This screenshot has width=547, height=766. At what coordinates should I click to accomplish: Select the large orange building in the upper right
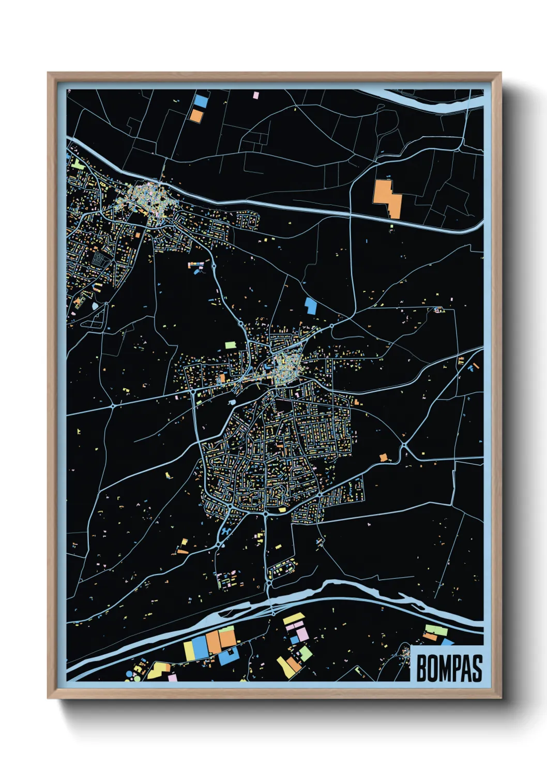[x=387, y=198]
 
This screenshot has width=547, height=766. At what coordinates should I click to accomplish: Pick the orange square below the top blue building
[x=196, y=115]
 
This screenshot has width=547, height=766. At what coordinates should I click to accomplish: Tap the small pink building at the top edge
[x=256, y=95]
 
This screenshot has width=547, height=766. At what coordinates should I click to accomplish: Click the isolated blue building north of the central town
[x=310, y=305]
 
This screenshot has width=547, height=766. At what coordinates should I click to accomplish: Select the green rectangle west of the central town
[x=230, y=345]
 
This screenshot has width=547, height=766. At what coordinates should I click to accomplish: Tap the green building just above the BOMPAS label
[x=435, y=630]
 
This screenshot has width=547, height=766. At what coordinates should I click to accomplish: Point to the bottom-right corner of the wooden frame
[x=500, y=697]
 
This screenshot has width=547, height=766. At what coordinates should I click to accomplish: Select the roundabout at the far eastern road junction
[x=404, y=445]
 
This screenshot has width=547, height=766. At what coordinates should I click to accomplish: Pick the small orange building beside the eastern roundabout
[x=383, y=458]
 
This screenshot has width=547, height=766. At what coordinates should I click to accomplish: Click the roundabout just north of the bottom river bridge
[x=269, y=583]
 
